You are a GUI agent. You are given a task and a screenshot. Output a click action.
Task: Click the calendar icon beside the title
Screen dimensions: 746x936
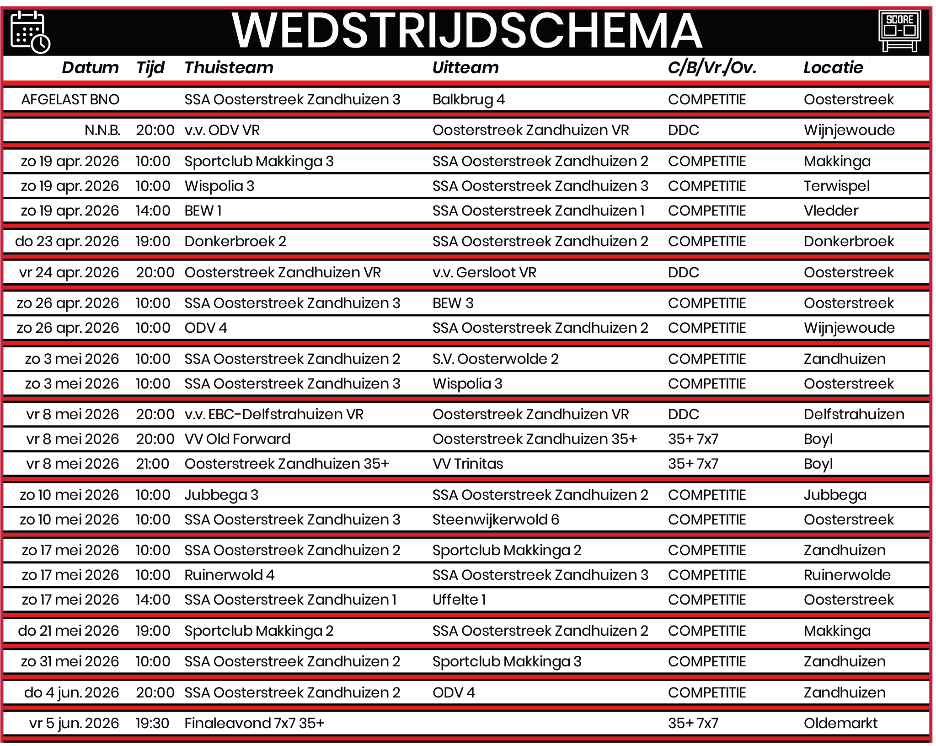[x=30, y=32]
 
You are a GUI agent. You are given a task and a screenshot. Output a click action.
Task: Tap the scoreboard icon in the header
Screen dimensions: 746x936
[x=899, y=31]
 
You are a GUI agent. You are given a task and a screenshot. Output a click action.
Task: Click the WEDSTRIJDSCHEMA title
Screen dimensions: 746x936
[x=467, y=31]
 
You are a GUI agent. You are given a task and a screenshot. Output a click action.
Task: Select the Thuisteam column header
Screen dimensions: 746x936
[x=229, y=68]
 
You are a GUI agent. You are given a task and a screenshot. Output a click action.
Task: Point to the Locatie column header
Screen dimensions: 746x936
[x=833, y=68]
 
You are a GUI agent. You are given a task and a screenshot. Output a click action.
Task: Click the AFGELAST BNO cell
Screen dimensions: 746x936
[x=70, y=99]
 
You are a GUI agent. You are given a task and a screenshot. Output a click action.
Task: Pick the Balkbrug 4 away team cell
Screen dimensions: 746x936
[x=468, y=99]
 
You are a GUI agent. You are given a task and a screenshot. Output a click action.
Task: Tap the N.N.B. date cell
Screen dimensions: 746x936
[x=102, y=130]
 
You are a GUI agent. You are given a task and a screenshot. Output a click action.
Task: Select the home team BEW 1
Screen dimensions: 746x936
[x=203, y=211]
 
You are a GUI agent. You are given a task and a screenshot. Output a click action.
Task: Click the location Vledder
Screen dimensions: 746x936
[x=831, y=211]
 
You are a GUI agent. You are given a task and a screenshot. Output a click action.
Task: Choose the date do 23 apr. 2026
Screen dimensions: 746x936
[x=67, y=241]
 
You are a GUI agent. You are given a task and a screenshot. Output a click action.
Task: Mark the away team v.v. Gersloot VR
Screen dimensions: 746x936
[x=484, y=272]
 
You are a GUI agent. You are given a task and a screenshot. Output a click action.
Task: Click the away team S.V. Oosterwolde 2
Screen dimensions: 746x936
[x=495, y=359]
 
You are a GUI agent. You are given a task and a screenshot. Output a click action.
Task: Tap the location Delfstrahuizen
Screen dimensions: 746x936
[x=854, y=414]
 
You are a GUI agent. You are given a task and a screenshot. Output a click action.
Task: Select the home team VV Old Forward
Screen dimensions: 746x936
[x=237, y=439]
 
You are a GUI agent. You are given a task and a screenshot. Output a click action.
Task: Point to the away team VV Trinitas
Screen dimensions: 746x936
[x=467, y=464]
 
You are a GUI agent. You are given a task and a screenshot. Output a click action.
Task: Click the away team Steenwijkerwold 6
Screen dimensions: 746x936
[x=496, y=519]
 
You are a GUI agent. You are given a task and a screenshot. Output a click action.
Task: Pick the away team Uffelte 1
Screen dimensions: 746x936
[x=459, y=600]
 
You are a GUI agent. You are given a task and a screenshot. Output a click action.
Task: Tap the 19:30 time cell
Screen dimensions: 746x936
[x=152, y=723]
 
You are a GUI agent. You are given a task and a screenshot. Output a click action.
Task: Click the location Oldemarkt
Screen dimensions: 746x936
[x=840, y=723]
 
